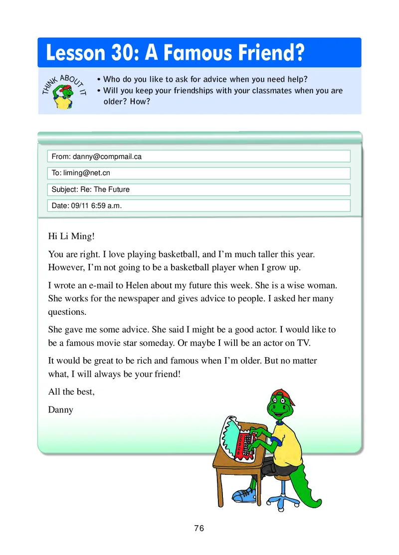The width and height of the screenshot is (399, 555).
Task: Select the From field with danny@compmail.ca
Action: tap(199, 156)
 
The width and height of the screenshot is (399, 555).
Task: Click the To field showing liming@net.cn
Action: tap(199, 173)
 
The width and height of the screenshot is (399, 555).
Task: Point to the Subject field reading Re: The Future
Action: tap(199, 189)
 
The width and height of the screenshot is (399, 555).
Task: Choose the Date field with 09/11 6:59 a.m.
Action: tap(199, 206)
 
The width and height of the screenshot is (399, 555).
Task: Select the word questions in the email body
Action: tap(67, 312)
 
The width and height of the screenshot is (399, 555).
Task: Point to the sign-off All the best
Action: tap(71, 392)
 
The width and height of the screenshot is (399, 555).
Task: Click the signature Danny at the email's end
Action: tap(61, 410)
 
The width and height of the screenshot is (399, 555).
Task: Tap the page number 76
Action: tap(199, 529)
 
